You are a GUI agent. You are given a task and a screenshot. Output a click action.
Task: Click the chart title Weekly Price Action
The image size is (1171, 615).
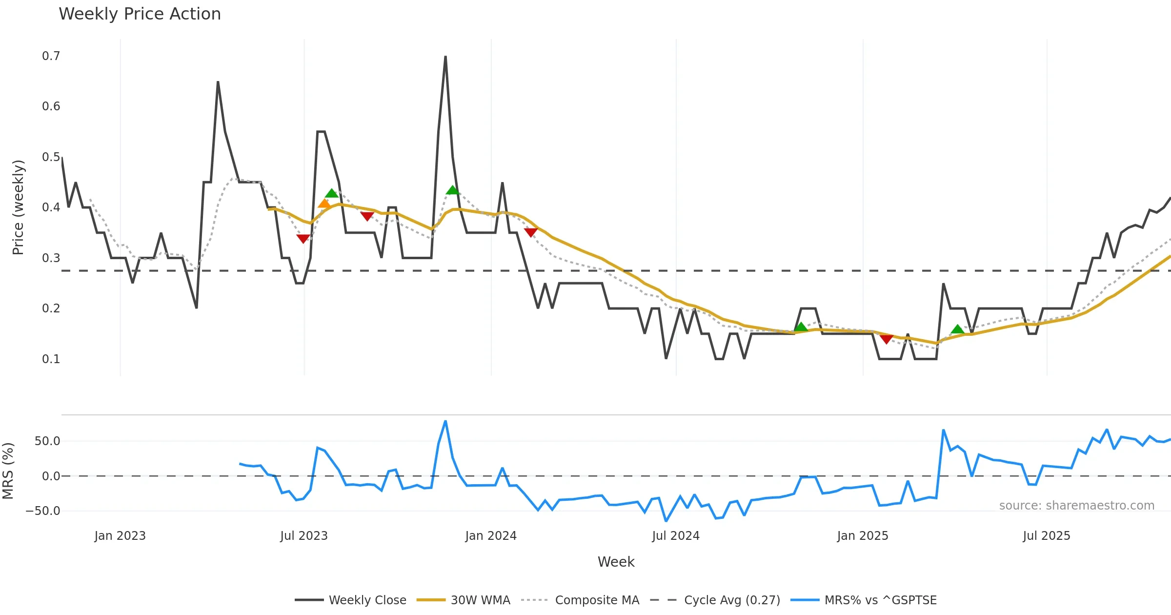(140, 14)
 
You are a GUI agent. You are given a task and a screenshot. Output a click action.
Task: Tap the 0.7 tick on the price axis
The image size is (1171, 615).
(51, 56)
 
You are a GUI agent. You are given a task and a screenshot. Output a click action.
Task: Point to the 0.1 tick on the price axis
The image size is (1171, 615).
(51, 359)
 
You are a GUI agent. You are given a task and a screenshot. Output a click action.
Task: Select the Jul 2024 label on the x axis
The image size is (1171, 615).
(676, 536)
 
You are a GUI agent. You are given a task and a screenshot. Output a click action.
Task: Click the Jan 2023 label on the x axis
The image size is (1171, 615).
(120, 536)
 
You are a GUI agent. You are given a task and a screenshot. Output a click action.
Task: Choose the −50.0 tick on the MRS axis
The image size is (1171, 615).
(43, 511)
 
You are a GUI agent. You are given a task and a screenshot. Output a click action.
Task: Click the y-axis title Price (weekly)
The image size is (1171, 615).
(18, 207)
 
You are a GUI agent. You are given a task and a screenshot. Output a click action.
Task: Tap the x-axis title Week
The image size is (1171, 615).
(616, 562)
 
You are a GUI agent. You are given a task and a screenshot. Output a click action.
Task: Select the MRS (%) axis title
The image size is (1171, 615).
(8, 471)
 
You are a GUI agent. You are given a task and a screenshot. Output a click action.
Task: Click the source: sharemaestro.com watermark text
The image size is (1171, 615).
(1076, 506)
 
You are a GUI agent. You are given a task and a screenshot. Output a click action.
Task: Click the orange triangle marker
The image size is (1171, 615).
(324, 204)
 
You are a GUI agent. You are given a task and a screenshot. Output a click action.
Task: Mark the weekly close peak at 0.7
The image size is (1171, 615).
(445, 57)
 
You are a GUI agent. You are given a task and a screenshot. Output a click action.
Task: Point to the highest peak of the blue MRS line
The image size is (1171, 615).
(445, 421)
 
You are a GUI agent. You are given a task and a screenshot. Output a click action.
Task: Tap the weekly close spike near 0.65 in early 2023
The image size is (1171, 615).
(218, 82)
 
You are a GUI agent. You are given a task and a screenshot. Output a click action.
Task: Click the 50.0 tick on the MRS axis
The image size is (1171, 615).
(47, 441)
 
